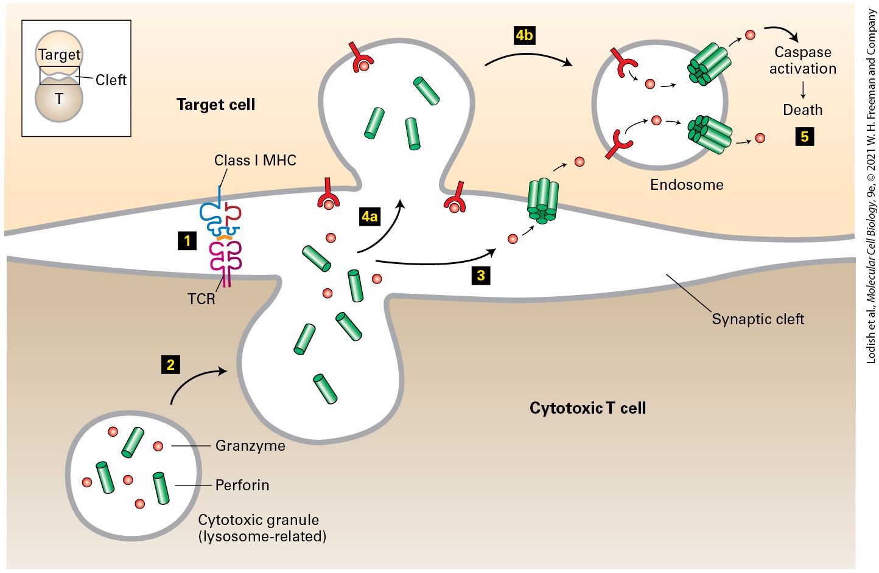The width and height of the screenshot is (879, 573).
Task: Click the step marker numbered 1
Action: point(187,240)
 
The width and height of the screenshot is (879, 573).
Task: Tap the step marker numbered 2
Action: point(170,365)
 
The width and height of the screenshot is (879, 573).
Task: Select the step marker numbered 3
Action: point(481,276)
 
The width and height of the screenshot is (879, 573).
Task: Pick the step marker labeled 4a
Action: point(369,217)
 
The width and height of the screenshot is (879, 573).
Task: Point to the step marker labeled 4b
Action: point(524,35)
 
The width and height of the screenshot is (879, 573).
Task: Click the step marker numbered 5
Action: point(805,136)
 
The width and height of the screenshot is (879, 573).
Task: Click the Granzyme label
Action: point(250,446)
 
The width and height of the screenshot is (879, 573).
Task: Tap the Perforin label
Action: point(242,485)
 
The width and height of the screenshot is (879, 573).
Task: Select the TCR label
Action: point(201,299)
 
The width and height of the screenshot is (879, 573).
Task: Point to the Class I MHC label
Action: point(255,160)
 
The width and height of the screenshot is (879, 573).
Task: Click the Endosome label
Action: point(687,184)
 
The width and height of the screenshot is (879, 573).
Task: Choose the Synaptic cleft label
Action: point(758,319)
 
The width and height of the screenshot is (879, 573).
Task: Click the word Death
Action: point(802,110)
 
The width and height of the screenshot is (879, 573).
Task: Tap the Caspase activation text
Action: point(802,60)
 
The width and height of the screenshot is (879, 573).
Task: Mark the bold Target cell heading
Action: point(216,105)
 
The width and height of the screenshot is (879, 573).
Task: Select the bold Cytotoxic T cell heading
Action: point(587,408)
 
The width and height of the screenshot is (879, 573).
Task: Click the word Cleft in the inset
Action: point(111,80)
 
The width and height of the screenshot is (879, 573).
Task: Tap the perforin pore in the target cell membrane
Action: point(543,201)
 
